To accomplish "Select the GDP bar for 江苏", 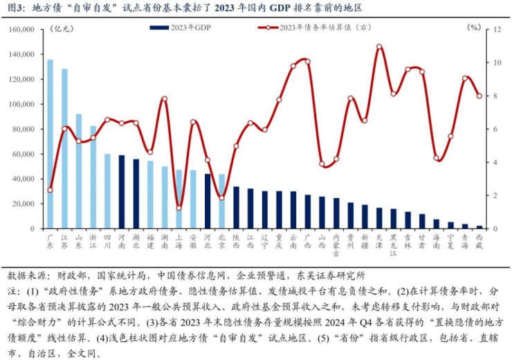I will pyautogui.click(x=64, y=148).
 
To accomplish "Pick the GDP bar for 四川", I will pyautogui.click(x=107, y=191).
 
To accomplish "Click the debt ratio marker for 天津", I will pyautogui.click(x=379, y=46).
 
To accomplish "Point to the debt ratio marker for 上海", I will pyautogui.click(x=179, y=208).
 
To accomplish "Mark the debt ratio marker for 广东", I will pyautogui.click(x=50, y=190).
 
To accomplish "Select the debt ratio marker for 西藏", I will pyautogui.click(x=479, y=96).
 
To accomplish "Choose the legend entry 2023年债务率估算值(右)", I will pyautogui.click(x=311, y=28).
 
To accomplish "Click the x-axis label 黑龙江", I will pyautogui.click(x=393, y=244).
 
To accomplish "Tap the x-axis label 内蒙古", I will pyautogui.click(x=336, y=244).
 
